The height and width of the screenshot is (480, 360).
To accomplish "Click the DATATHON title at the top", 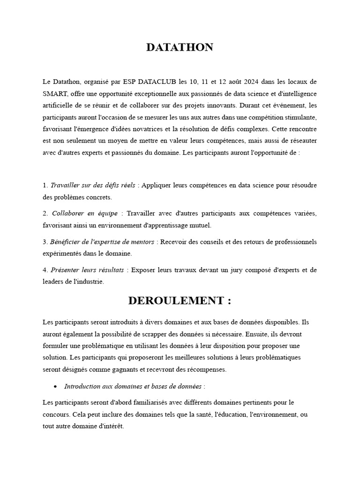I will [180, 47].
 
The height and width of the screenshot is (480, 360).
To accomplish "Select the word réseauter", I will [300, 140].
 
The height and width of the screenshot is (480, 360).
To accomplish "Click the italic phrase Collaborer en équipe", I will [85, 213].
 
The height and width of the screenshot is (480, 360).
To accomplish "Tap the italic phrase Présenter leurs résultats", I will [88, 270].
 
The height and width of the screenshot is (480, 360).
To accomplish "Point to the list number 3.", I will [45, 242].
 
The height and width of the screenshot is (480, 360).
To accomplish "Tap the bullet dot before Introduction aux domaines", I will [56, 387].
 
